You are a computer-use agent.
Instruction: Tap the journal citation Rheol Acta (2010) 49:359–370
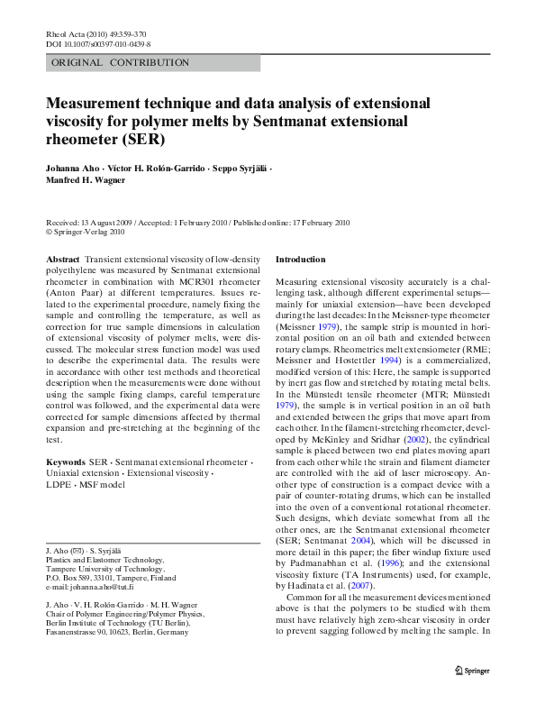95,33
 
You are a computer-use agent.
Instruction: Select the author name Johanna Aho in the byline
72,169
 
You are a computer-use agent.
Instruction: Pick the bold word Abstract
62,259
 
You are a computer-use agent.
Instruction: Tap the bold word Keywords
66,462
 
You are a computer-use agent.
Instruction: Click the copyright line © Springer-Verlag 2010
85,231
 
